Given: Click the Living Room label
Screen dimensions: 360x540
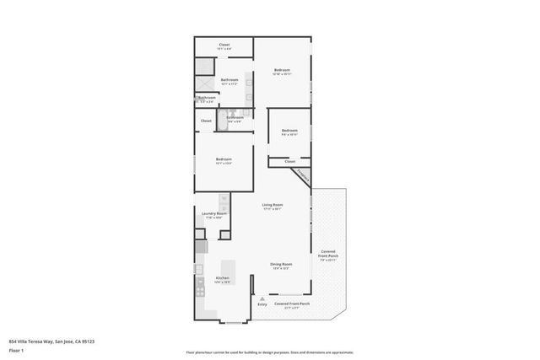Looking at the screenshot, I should coord(272,206).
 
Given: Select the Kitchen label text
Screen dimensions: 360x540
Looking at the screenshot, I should coord(223,279).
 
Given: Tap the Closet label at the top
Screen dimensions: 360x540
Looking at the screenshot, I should coord(224,46).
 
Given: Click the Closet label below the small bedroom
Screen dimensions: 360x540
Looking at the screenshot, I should coord(289,160).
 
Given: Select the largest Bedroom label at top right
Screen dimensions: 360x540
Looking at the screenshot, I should coord(282,71).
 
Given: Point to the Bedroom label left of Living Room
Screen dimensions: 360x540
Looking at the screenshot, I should coord(224,160).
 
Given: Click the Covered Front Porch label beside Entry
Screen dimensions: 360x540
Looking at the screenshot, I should coord(293,304).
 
